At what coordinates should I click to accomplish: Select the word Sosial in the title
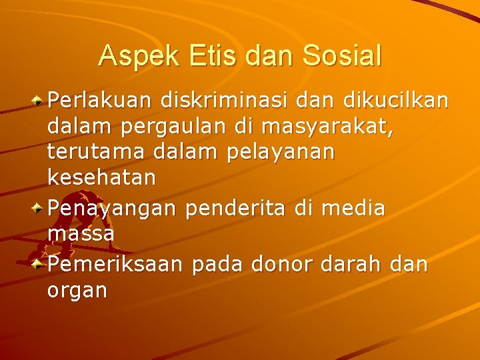(342, 55)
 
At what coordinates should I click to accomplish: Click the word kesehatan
(101, 178)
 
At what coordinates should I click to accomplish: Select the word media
(353, 209)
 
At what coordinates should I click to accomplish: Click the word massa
(81, 235)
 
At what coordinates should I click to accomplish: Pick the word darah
(352, 264)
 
